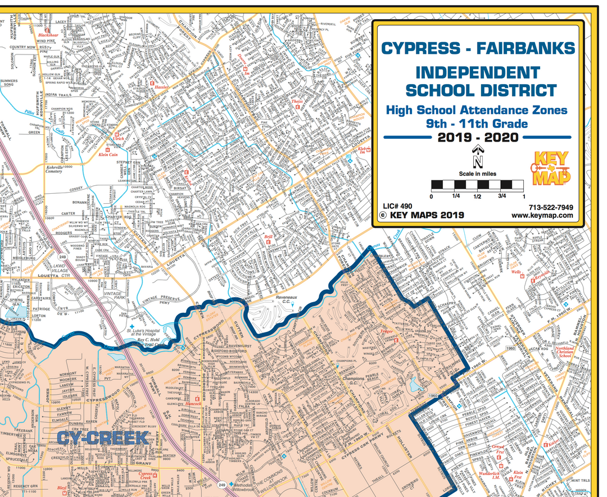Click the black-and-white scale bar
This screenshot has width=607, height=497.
tap(477, 185)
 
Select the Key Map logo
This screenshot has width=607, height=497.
tap(550, 168)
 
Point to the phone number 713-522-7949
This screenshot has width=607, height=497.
tap(551, 207)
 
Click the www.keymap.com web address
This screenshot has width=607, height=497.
tap(542, 215)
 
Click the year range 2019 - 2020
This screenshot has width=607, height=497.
tap(478, 137)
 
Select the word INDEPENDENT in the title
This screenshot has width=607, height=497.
tap(478, 72)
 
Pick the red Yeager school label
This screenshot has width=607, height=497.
tap(386, 332)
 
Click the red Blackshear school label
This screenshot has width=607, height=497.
tap(48, 35)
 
